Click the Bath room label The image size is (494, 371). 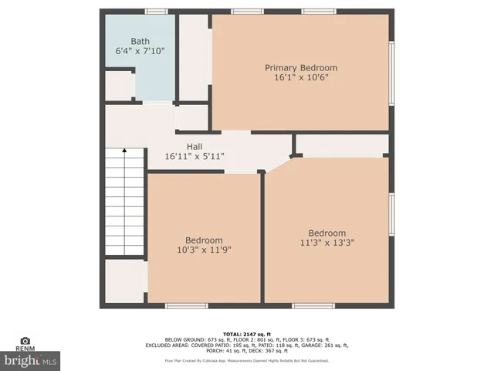pos(140,42)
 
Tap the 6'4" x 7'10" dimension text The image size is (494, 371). pos(140,52)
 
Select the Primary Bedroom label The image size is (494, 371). pos(301,68)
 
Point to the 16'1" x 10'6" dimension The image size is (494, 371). pos(301,78)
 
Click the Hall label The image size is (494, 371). pos(195,146)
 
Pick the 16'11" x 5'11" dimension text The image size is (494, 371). pos(195,156)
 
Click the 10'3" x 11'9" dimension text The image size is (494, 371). pos(204,250)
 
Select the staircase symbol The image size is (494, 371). pos(124,202)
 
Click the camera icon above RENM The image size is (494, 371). pos(25,341)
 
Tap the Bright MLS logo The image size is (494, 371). pos(30,360)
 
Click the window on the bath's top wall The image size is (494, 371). pos(157,12)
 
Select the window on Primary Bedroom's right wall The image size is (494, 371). pos(392,73)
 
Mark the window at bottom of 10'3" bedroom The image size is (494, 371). pos(187,306)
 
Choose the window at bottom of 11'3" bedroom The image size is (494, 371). pos(313,306)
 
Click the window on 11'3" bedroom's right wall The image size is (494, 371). pos(392,217)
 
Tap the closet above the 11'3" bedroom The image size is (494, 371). pos(341,145)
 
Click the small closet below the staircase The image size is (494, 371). pos(124,281)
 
